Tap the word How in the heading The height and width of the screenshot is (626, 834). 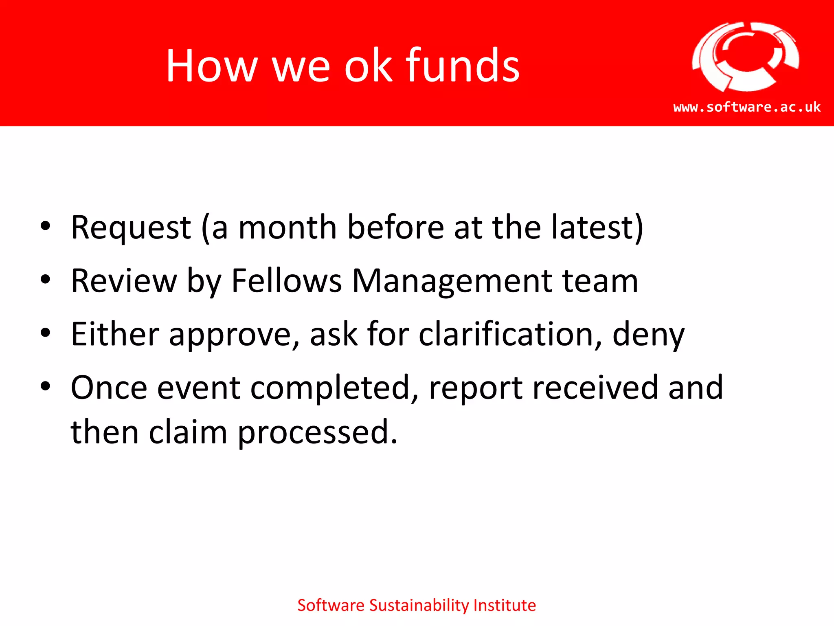click(x=212, y=66)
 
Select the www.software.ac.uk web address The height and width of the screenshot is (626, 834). click(x=747, y=107)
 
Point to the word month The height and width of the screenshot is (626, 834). click(x=288, y=227)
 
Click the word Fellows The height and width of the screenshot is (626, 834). click(x=286, y=281)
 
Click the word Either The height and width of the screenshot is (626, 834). click(x=115, y=334)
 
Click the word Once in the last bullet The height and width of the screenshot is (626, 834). click(x=109, y=388)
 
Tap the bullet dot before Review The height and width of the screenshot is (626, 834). click(x=45, y=280)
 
